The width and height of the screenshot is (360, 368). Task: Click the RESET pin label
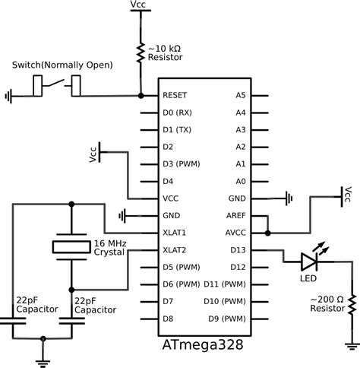[x=175, y=96]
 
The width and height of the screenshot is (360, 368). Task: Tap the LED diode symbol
[x=309, y=262]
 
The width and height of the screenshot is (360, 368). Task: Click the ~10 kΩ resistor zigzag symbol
[x=141, y=52]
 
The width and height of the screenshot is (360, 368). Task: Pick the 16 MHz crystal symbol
[x=71, y=246]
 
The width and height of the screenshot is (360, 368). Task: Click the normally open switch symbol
[x=57, y=86]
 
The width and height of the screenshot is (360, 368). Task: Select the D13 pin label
[x=238, y=249]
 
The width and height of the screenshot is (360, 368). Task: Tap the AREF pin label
[x=236, y=215]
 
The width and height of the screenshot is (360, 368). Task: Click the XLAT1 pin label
[x=176, y=232]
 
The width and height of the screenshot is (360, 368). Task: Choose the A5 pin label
[x=241, y=96]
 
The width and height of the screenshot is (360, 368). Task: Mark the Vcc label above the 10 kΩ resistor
[x=141, y=5]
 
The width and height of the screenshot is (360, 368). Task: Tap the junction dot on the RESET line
[x=141, y=96]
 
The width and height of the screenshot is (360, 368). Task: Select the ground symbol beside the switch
[x=9, y=97]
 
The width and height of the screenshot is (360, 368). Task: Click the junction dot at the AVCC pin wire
[x=267, y=233]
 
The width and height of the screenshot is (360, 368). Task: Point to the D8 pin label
[x=169, y=318]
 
